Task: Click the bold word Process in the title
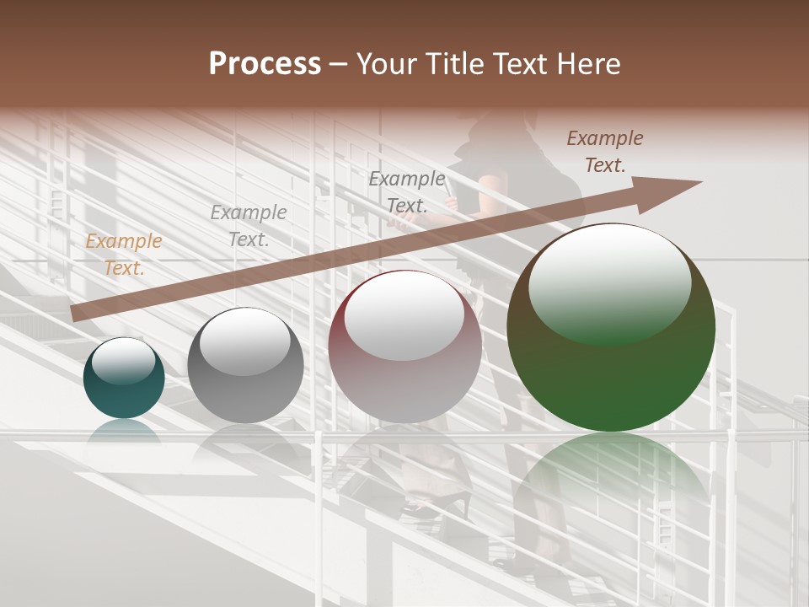coord(265,64)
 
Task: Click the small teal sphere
coord(124,379)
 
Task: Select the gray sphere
coord(245,367)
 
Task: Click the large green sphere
coord(611,329)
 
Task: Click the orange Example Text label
coord(123,255)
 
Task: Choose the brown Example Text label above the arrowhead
coord(605,152)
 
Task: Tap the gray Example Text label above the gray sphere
coord(249,226)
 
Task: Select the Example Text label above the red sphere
coord(407,191)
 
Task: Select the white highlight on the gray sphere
coord(244,341)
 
